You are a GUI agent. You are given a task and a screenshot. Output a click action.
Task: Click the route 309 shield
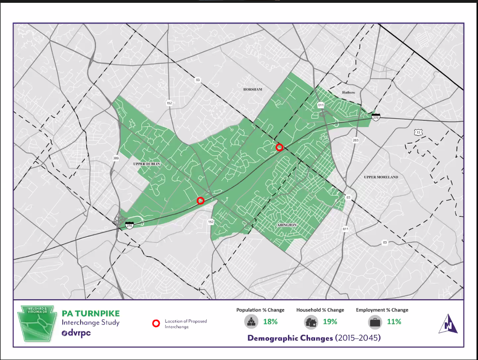pyautogui.click(x=115, y=159)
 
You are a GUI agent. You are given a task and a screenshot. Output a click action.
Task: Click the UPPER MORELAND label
pyautogui.click(x=381, y=177)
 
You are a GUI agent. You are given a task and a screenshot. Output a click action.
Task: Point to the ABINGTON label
pyautogui.click(x=286, y=225)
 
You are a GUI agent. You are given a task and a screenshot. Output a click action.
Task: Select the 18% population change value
pyautogui.click(x=270, y=322)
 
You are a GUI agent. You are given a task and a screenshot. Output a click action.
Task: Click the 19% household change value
pyautogui.click(x=329, y=322)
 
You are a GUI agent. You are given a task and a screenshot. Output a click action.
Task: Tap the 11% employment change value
pyautogui.click(x=394, y=322)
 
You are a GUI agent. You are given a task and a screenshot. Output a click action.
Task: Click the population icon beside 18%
pyautogui.click(x=251, y=322)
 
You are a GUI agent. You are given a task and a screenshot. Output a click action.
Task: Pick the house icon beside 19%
pyautogui.click(x=311, y=322)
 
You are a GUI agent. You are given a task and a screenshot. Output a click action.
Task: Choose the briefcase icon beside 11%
pyautogui.click(x=375, y=322)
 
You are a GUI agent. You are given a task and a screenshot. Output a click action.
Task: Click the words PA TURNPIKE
pyautogui.click(x=90, y=313)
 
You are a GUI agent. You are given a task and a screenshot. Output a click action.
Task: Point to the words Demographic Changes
pyautogui.click(x=291, y=338)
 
